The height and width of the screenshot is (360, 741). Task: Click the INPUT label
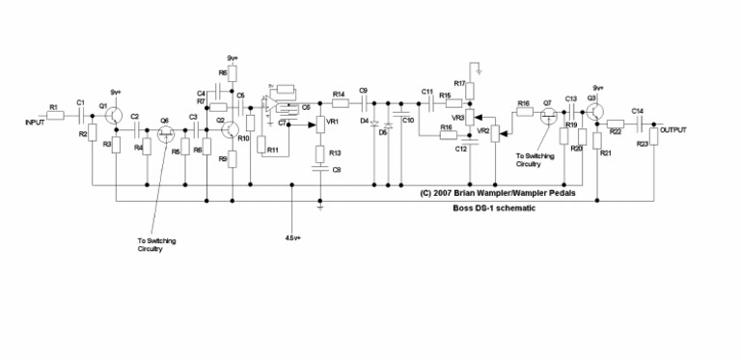coord(38,123)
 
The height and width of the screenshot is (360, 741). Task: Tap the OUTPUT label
coord(674,127)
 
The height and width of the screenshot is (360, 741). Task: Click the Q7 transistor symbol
coord(548,115)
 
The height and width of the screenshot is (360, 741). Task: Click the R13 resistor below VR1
coord(319,153)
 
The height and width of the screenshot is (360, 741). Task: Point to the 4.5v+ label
coord(295,236)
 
